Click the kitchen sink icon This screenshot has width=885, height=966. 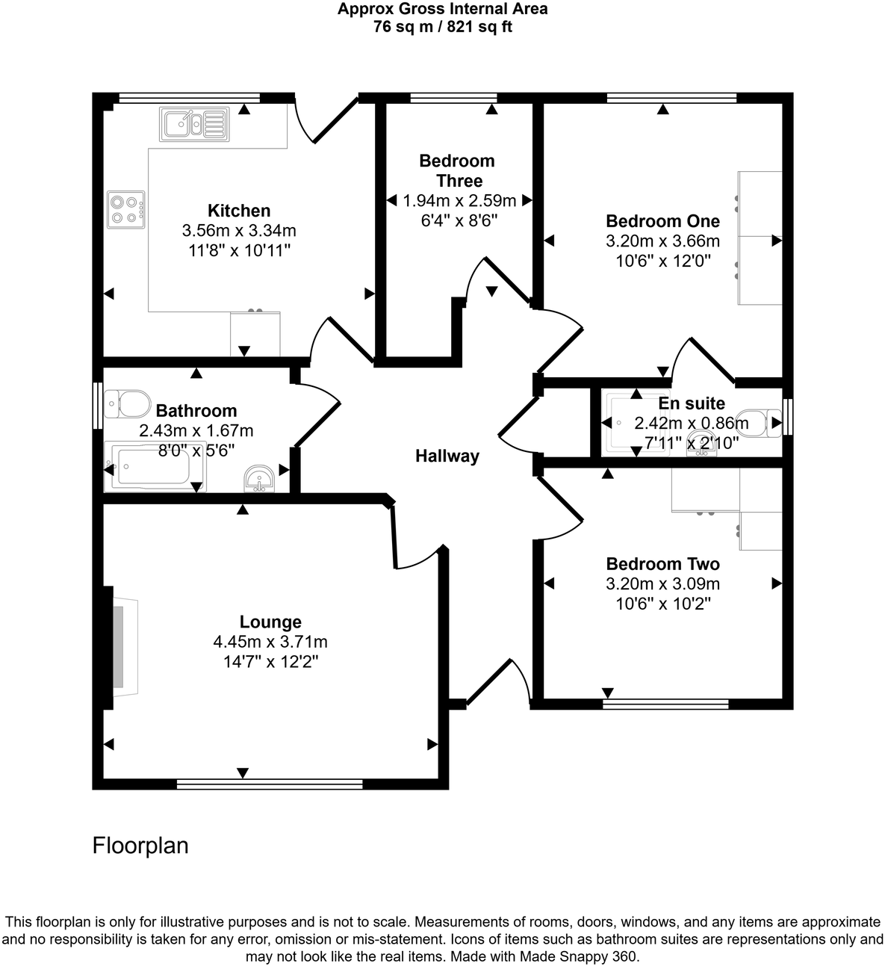click(193, 124)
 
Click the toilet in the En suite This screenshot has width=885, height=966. click(757, 423)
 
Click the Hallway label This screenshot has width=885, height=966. click(447, 456)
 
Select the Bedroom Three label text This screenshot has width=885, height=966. click(458, 170)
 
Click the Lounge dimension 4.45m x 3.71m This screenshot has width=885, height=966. click(270, 642)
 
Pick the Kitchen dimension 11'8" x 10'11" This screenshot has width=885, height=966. click(239, 251)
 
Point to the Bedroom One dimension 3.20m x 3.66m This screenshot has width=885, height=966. click(662, 241)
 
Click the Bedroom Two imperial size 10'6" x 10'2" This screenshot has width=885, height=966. click(662, 604)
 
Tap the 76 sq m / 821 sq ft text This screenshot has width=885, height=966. click(442, 28)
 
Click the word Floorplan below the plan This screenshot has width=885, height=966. click(140, 845)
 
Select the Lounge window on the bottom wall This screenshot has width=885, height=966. click(270, 784)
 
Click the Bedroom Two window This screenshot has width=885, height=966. click(665, 703)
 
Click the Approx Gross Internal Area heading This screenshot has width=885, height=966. click(442, 10)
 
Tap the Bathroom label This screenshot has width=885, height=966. click(196, 410)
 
